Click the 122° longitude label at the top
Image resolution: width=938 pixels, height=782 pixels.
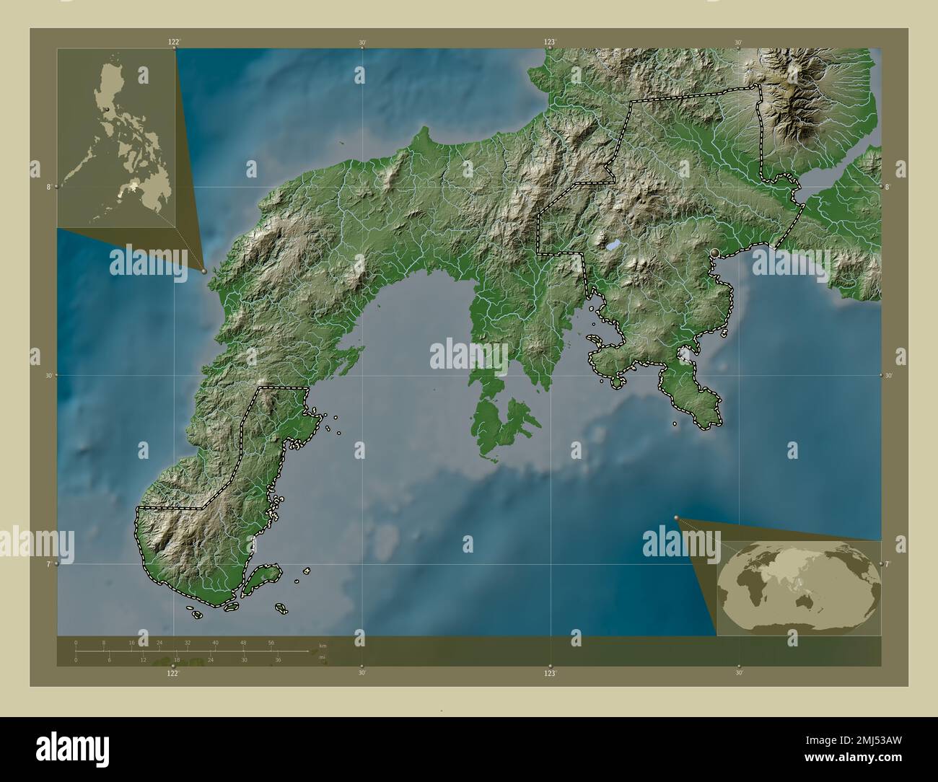174,43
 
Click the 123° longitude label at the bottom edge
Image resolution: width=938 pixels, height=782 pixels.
551,673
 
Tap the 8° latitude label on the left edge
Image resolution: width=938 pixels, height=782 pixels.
49,186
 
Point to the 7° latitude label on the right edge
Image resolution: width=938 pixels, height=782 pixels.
888,563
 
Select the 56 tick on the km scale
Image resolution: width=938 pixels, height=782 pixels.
271,642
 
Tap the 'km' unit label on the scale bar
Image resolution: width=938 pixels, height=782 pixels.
323,646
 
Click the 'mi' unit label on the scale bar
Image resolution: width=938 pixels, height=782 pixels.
323,657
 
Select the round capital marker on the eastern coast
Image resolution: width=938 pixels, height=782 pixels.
715,252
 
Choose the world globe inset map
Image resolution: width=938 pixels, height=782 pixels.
799,588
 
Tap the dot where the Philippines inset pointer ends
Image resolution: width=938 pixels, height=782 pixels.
204,271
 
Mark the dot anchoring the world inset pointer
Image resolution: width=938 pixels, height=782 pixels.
676,517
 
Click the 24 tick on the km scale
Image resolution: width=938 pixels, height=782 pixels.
159,642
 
